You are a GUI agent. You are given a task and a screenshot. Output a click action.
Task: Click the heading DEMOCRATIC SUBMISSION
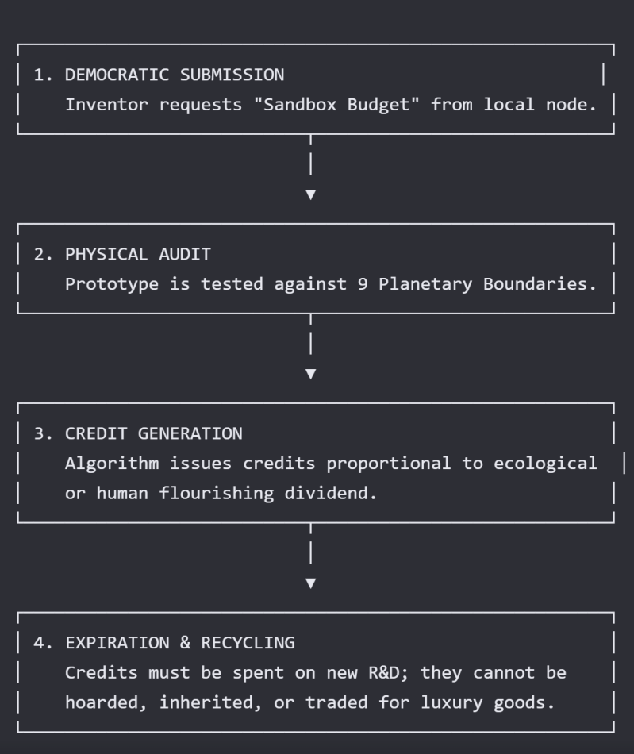(175, 75)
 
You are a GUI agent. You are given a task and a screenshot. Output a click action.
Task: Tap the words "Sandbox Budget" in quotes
(336, 104)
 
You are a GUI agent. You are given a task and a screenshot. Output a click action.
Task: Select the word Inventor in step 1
(106, 105)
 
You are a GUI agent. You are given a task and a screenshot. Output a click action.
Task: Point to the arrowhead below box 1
(311, 194)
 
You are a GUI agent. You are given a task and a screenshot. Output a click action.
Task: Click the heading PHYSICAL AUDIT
(138, 255)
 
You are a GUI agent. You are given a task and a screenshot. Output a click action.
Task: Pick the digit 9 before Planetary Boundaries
(363, 284)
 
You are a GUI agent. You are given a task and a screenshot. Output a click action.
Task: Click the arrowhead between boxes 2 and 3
(311, 374)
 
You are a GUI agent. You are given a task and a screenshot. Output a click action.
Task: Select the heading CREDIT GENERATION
(154, 433)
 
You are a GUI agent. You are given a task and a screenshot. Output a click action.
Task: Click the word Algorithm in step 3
(112, 464)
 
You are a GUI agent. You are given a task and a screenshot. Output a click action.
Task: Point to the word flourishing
(217, 494)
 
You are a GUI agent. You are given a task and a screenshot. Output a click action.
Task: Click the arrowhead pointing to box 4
(311, 583)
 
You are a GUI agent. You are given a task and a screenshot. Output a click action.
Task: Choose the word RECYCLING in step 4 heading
(248, 643)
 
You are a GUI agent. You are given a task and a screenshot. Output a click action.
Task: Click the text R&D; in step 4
(389, 673)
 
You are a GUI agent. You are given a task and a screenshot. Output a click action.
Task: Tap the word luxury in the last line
(451, 703)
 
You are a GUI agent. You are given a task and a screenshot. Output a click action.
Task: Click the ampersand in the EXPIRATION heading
(185, 643)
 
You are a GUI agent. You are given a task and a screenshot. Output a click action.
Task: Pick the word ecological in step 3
(546, 464)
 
